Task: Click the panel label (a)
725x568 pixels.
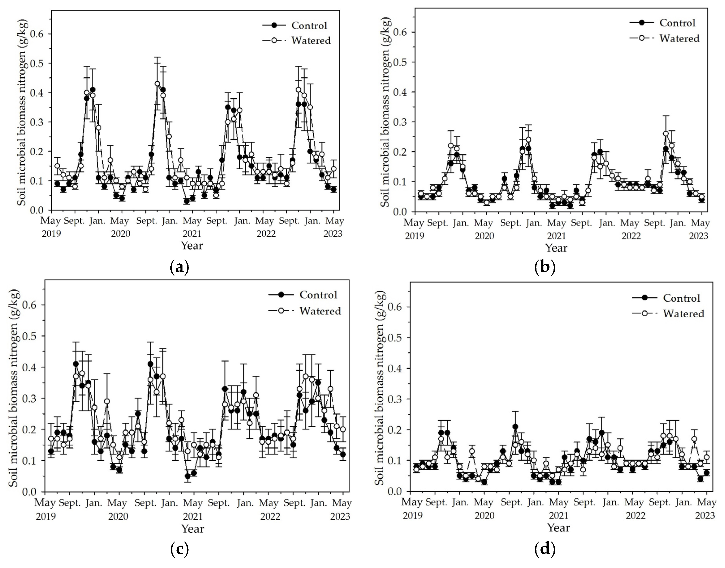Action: (180, 267)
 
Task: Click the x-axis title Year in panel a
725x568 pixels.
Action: (192, 246)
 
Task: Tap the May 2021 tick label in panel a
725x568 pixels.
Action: (192, 227)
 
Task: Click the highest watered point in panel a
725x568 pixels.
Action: (157, 84)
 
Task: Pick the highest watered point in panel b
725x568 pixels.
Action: (665, 134)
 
